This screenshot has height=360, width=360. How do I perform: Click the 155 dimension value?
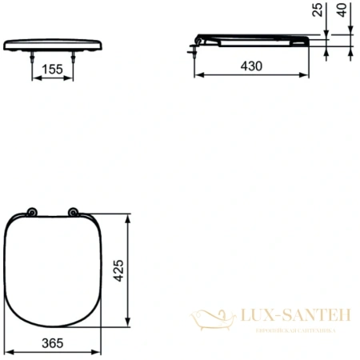click(x=53, y=70)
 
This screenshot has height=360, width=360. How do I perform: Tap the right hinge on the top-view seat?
click(x=73, y=213)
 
